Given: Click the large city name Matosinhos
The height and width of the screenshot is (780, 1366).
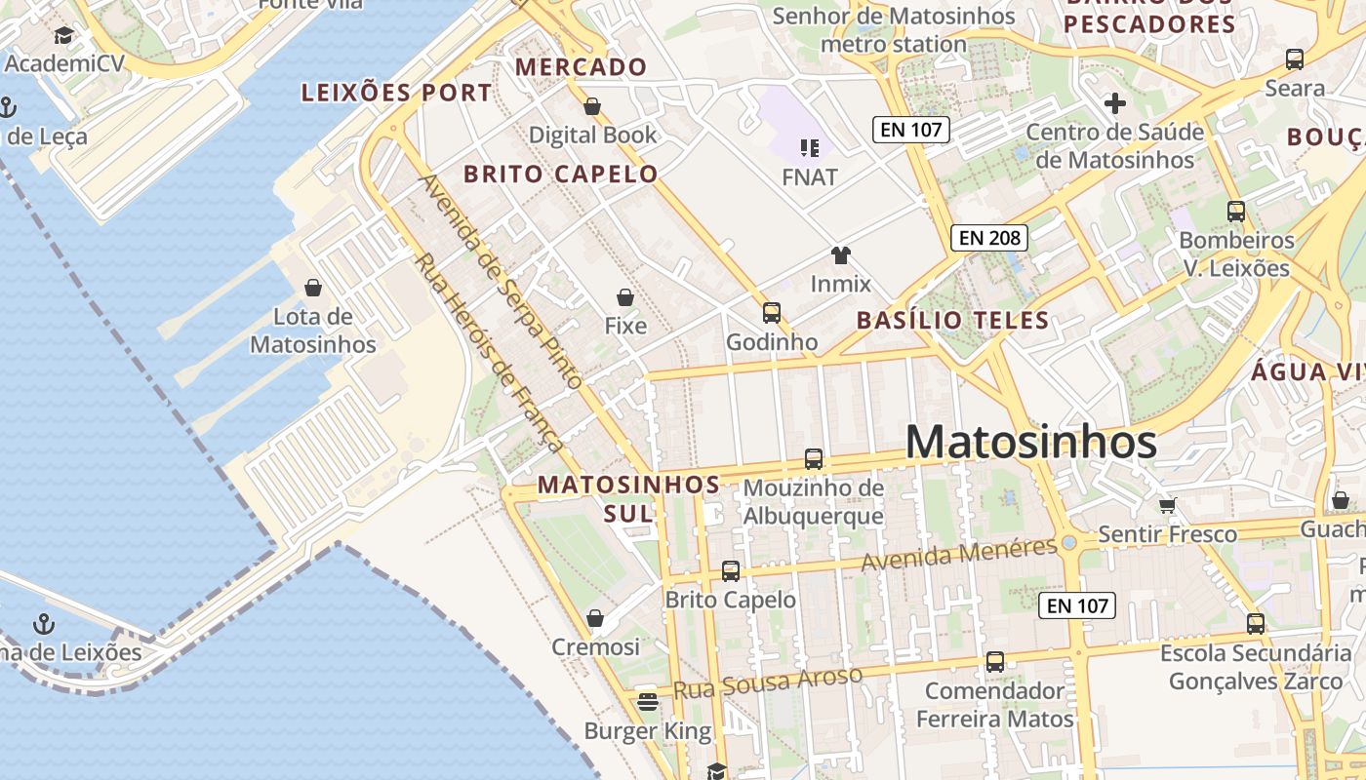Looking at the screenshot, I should pos(1031,443).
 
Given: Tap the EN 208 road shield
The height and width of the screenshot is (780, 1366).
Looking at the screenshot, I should pos(989,237).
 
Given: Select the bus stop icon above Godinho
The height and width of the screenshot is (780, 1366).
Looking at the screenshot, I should pos(772,313).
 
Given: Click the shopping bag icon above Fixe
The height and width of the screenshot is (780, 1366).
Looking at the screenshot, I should pos(625,297).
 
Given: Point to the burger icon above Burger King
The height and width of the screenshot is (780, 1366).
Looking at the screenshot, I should pos(647,701).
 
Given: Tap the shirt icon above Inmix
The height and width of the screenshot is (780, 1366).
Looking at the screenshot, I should pos(840,255).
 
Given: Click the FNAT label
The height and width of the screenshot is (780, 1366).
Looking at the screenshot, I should pos(810,177).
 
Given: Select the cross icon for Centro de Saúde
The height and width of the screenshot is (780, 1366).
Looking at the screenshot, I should pos(1114,103).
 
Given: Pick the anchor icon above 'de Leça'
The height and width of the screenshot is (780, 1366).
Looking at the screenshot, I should pos(8,107).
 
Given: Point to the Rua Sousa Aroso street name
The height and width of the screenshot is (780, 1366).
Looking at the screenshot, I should pos(768,682).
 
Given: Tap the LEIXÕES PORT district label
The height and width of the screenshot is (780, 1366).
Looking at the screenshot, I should pos(397,94).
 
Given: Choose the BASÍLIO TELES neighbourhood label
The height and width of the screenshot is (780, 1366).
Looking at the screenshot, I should pos(952,320).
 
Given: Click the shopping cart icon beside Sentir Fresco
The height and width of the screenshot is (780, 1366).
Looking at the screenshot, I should pos(1168,505).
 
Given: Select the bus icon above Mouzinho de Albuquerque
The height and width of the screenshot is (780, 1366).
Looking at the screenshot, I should pos(813,458).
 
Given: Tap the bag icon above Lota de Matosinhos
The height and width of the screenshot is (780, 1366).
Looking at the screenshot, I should pos(313,288).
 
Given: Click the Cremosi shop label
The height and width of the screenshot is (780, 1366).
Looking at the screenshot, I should pos(595,647).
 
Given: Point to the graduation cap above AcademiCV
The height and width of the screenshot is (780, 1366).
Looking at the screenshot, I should pos(63,36).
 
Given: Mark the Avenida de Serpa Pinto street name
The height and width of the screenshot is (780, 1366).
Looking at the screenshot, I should pos(500,281).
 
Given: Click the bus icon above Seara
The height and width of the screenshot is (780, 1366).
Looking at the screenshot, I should pos(1295,59).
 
